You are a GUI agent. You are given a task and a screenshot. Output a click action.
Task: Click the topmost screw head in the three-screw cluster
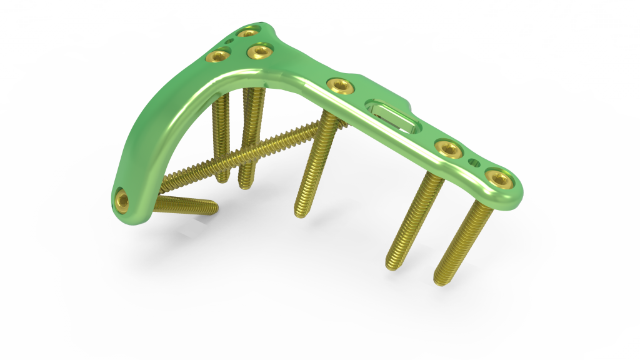coord(249,32)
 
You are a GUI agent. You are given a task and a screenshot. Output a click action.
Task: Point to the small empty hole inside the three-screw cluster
coord(229,42)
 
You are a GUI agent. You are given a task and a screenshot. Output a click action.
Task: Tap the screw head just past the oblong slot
coord(447,148)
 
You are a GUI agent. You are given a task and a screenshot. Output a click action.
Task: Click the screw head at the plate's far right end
coord(498,179)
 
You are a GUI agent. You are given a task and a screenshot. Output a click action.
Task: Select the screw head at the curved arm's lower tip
coord(122,201)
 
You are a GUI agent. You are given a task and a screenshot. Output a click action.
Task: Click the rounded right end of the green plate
coord(516,191)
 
